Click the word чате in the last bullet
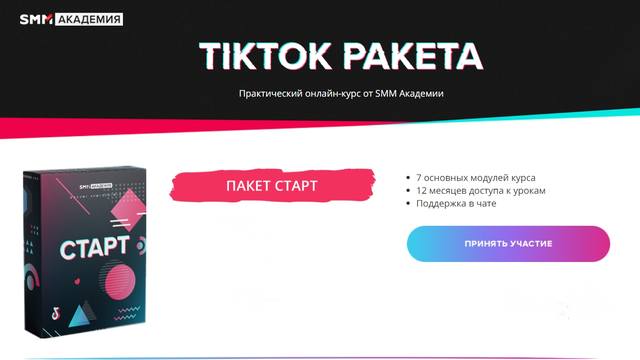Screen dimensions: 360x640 point(499,203)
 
